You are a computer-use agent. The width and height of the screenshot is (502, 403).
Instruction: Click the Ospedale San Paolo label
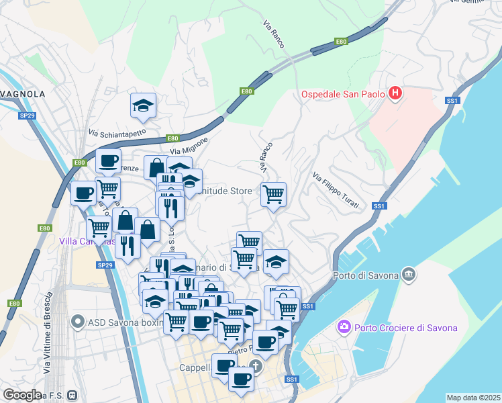pos(342,93)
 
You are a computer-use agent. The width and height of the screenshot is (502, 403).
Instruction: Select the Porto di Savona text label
pos(365,274)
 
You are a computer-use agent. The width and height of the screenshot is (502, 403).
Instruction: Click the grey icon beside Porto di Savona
pos(408,274)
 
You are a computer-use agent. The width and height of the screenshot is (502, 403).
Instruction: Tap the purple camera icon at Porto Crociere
pos(344,327)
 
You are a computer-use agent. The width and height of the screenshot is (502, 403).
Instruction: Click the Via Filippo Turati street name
pos(335,190)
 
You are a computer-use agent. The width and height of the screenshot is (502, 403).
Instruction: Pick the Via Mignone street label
pos(190,146)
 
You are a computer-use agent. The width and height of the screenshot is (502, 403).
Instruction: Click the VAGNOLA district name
pos(23,94)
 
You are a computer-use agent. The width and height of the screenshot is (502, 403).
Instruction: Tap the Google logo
pos(21,394)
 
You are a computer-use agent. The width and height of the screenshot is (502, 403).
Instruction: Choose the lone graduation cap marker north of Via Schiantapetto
pos(142,105)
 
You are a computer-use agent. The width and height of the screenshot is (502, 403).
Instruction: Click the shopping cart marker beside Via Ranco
pos(273,194)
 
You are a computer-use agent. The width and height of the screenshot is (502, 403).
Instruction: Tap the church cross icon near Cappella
pos(255,367)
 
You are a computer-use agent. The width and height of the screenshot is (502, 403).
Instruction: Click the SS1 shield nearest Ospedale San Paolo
pos(452,101)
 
